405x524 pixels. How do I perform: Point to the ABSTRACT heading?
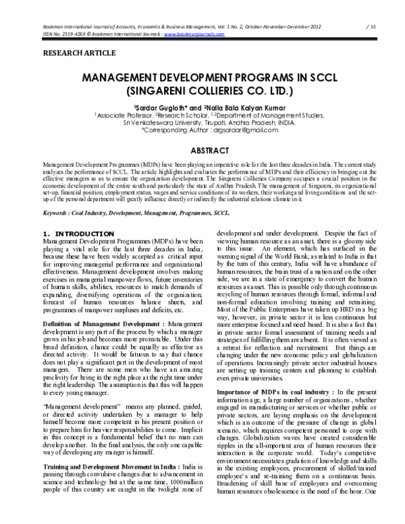pos(202,150)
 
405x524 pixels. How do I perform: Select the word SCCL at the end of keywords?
pos(221,213)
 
